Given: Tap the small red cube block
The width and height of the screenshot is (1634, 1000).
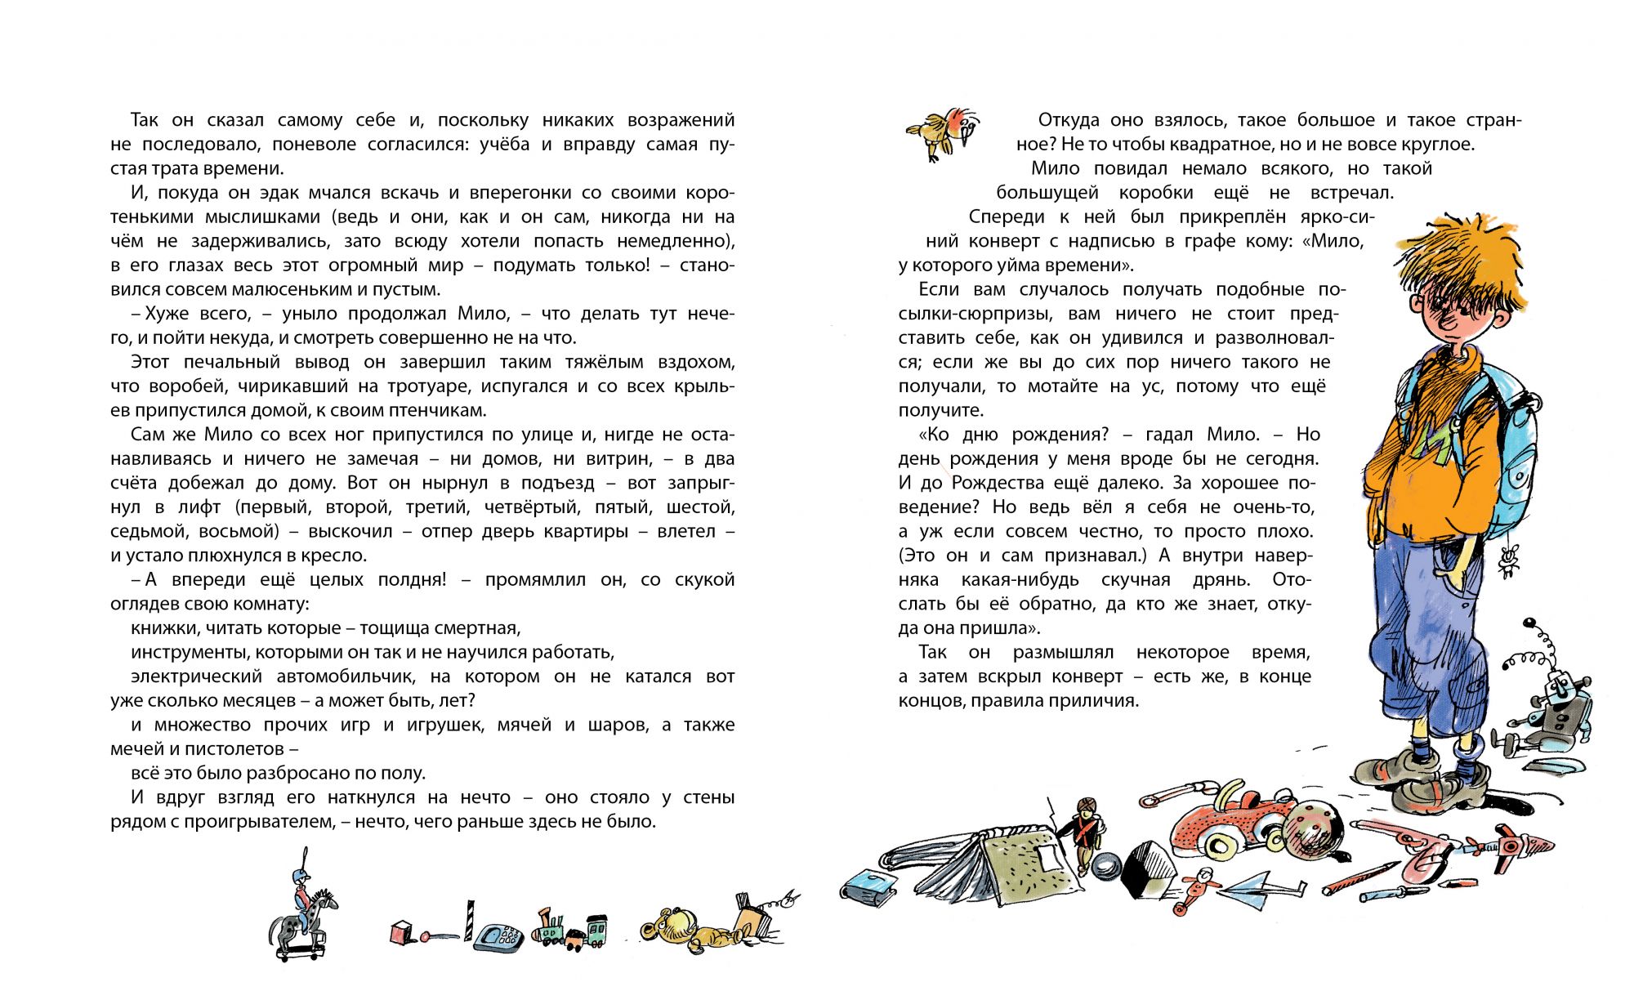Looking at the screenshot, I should [x=401, y=933].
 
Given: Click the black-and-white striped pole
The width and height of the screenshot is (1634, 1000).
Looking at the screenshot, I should [x=470, y=919].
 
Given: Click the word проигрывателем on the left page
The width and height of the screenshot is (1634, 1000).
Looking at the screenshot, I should [x=260, y=821].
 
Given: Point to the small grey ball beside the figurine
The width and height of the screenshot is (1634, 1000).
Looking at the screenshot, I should [x=1108, y=864].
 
